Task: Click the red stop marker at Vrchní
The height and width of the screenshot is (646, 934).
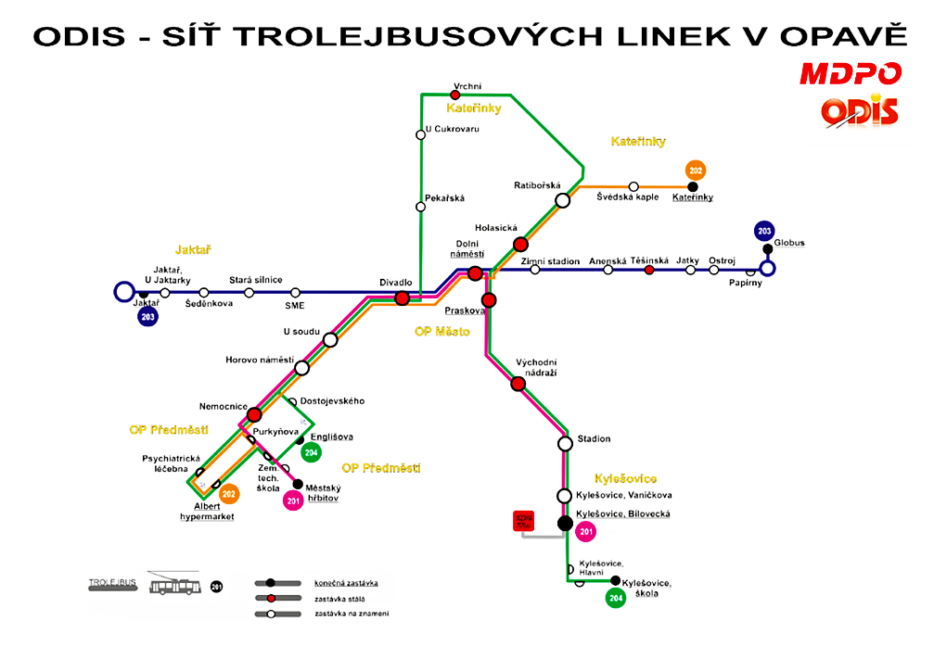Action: (455, 95)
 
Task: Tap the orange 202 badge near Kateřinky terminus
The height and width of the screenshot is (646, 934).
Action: (696, 171)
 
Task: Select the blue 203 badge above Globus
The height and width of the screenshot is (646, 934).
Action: (764, 231)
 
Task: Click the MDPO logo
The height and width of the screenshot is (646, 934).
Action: (851, 73)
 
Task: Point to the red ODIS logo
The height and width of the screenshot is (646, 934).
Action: (860, 112)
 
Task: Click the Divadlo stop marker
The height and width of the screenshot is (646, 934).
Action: (403, 298)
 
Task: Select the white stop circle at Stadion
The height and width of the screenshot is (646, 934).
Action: (566, 443)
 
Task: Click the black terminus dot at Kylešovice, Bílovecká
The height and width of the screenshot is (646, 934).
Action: (565, 523)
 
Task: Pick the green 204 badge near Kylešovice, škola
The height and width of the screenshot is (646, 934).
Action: (615, 598)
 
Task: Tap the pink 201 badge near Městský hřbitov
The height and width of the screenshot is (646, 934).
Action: (294, 501)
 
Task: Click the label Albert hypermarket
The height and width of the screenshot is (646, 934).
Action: (207, 512)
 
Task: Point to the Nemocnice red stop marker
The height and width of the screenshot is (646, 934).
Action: (255, 414)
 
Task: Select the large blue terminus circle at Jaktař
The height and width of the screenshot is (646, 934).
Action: (123, 292)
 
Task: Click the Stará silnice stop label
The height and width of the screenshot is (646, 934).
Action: (255, 279)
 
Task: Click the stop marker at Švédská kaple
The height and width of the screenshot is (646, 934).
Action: (633, 186)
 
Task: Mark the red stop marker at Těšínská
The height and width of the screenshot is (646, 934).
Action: (649, 270)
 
